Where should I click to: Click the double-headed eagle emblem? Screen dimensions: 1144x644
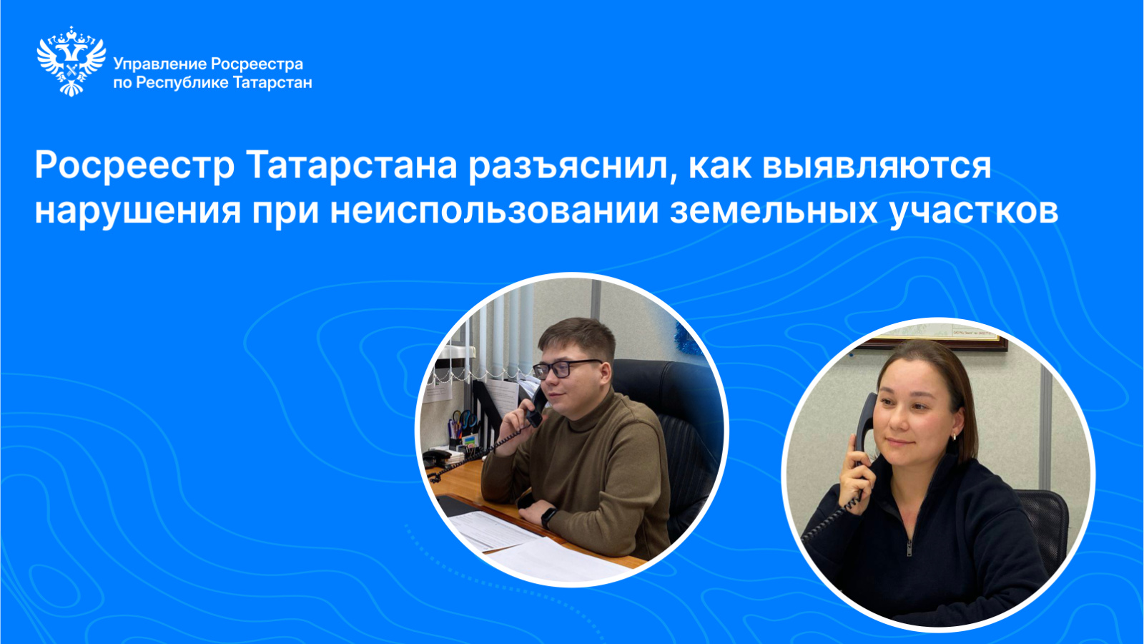tap(71, 61)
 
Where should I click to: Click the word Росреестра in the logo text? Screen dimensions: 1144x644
tap(257, 64)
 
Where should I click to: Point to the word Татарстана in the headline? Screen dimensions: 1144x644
tap(351, 165)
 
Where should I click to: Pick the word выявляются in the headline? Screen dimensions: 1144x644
tap(877, 165)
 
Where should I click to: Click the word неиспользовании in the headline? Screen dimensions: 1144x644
tap(494, 210)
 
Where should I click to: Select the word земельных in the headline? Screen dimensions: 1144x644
tap(774, 210)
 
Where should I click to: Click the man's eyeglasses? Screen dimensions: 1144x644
tap(566, 368)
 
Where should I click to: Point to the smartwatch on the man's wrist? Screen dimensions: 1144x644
tap(548, 517)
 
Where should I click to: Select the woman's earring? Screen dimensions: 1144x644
tap(954, 437)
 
